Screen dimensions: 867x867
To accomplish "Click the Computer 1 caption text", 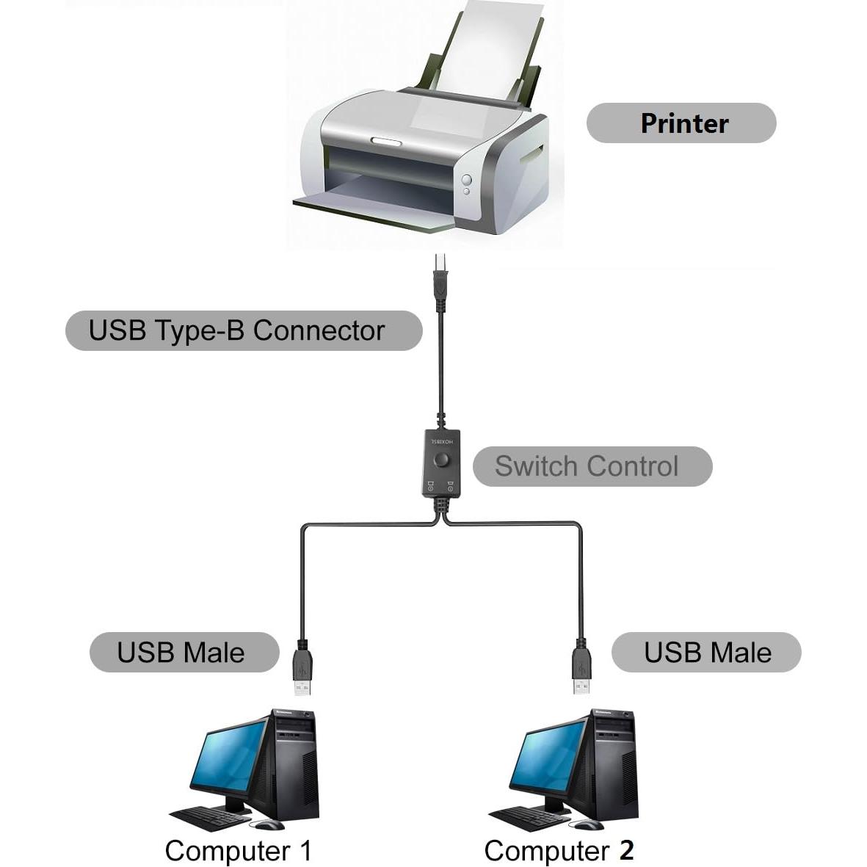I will (x=239, y=851).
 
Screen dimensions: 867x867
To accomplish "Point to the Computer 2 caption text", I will (x=559, y=851).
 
